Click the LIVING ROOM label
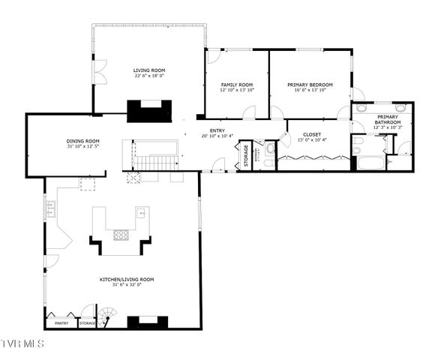pyautogui.click(x=148, y=70)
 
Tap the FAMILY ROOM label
pyautogui.click(x=237, y=85)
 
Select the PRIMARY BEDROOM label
pyautogui.click(x=310, y=85)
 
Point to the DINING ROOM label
pyautogui.click(x=83, y=140)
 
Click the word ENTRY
pyautogui.click(x=217, y=130)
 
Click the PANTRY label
pyautogui.click(x=61, y=323)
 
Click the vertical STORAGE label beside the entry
pyautogui.click(x=246, y=155)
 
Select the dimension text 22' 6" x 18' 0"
pyautogui.click(x=148, y=76)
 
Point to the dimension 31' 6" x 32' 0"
pyautogui.click(x=121, y=285)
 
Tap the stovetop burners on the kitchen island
pyautogui.click(x=121, y=235)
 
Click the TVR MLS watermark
pyautogui.click(x=22, y=344)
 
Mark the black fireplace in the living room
pyautogui.click(x=148, y=110)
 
